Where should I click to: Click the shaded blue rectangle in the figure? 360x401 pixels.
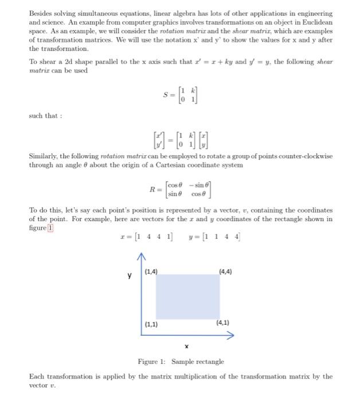(x=186, y=296)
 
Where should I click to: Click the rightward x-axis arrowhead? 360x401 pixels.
(x=230, y=336)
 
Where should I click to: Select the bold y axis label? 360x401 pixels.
(x=130, y=276)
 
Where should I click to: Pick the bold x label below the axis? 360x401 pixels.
(x=186, y=346)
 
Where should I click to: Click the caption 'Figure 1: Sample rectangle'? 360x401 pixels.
(x=181, y=361)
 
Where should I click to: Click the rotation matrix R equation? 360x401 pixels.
(x=181, y=189)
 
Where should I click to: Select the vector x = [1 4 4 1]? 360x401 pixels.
(x=146, y=236)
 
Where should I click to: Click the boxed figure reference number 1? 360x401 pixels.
(x=50, y=227)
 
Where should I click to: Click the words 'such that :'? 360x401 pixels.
(x=45, y=116)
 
